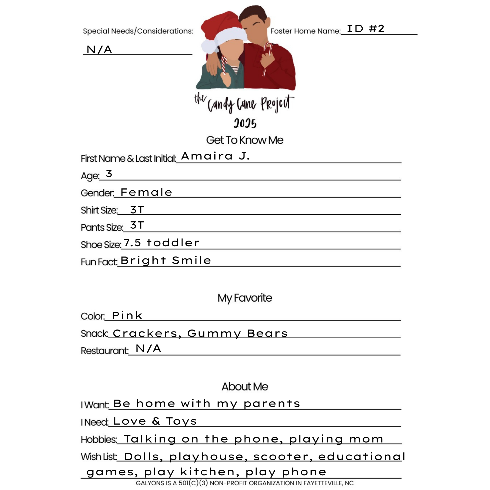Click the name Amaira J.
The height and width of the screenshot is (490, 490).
(215, 156)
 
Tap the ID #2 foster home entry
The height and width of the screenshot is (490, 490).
(366, 29)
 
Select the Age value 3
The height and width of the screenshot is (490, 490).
(109, 174)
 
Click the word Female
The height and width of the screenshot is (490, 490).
(146, 192)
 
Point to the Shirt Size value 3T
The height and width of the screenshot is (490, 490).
(137, 210)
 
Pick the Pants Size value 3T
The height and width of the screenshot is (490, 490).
(137, 225)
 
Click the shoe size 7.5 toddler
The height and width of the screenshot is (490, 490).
(161, 243)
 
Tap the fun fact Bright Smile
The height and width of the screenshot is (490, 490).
(166, 260)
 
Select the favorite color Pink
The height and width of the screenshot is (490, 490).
(127, 316)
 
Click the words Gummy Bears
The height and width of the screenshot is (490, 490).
(237, 333)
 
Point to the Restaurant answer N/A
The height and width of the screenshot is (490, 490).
(148, 348)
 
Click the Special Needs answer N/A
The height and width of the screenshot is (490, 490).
(99, 49)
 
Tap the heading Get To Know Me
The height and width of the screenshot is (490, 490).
(245, 140)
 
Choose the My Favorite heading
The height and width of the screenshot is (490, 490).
(245, 298)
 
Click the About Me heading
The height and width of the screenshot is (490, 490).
(245, 387)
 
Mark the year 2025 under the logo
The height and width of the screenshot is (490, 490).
(245, 123)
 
